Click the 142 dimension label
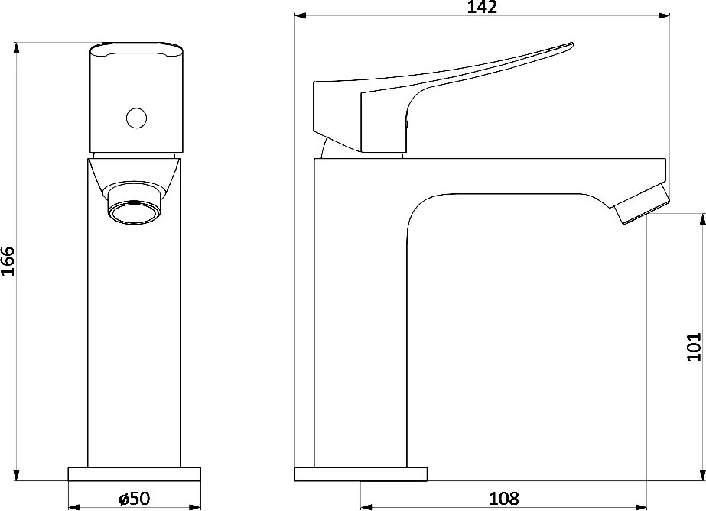click(482, 7)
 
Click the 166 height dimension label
click(8, 261)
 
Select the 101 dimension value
click(694, 347)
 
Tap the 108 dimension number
click(504, 499)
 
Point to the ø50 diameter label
click(134, 499)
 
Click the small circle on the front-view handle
click(136, 118)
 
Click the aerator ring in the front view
click(134, 212)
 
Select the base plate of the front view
click(134, 474)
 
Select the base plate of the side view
click(361, 474)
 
